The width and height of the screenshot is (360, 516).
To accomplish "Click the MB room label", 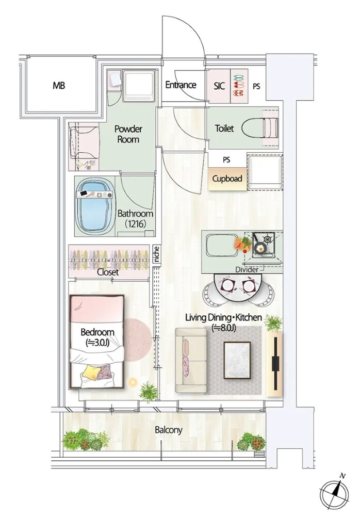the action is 59,86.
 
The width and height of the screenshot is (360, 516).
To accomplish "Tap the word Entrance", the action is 181,85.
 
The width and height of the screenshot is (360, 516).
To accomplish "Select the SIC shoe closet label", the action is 219,86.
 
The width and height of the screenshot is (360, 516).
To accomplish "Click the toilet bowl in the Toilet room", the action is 260,127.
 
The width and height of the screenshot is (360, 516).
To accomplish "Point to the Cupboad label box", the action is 227,179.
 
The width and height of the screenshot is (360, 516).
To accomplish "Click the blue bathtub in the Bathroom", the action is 95,207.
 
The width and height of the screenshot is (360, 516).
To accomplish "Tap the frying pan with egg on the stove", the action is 260,248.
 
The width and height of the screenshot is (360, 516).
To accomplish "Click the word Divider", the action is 247,270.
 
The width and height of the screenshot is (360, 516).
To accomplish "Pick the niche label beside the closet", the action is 157,254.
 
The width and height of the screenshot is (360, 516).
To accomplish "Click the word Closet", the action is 108,272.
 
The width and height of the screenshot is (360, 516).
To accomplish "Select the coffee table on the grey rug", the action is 237,361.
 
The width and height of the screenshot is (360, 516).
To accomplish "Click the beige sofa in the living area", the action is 191,360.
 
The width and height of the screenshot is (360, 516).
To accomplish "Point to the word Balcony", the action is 169,430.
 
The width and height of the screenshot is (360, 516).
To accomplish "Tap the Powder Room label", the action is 128,134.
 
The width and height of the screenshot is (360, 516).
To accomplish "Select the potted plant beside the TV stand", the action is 274,323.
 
